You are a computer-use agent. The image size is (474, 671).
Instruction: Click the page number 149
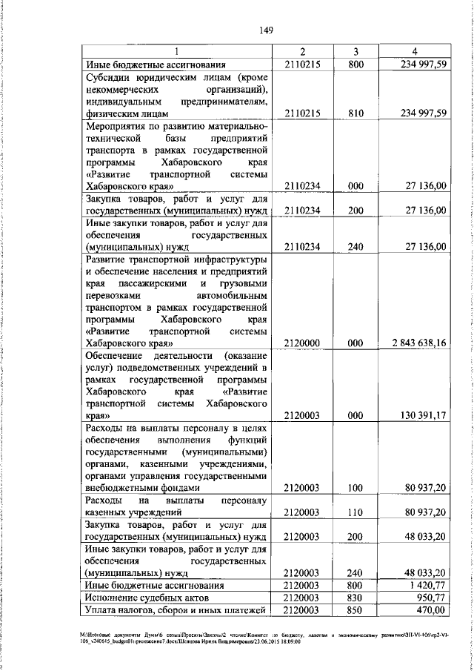click(x=268, y=30)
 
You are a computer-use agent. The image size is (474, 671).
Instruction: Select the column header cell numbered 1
click(x=176, y=51)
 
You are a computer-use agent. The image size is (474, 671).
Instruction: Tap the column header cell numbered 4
click(x=416, y=51)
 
